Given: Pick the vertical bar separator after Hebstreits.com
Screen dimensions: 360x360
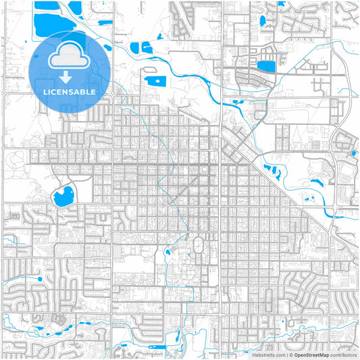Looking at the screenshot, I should [286, 355].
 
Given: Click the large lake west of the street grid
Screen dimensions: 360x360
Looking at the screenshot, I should [62, 196].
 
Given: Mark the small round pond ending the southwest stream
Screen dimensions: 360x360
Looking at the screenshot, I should [40, 278].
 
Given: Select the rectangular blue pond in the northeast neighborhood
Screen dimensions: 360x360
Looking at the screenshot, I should [267, 66].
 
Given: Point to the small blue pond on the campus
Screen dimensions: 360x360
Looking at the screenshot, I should [168, 253].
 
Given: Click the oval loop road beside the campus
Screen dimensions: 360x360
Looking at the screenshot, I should [199, 246].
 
